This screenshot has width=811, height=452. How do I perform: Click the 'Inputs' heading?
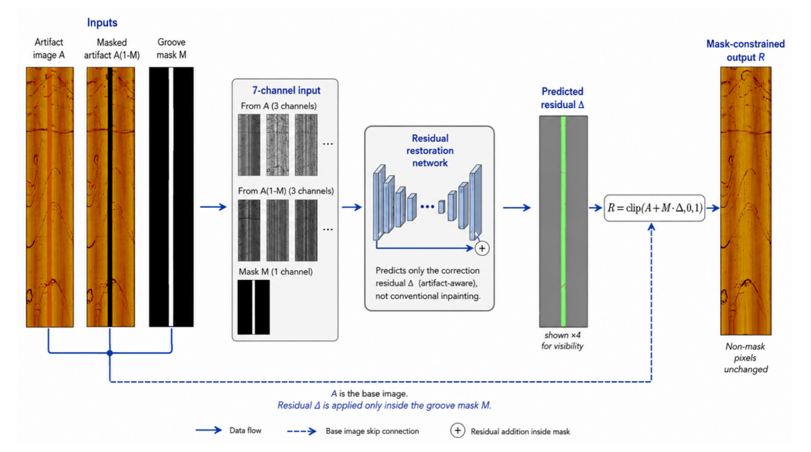(x=102, y=22)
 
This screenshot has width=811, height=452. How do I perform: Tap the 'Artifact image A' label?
(x=49, y=49)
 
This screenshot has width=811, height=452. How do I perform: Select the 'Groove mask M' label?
(x=171, y=49)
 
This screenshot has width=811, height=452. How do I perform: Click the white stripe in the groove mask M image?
(x=171, y=197)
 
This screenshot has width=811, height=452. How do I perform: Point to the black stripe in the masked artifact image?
(x=110, y=197)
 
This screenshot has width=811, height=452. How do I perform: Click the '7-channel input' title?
(x=286, y=91)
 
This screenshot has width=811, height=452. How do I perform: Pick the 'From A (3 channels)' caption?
(x=278, y=106)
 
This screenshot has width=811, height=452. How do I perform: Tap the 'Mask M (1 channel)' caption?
(x=276, y=272)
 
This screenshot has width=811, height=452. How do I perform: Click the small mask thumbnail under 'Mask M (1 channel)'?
(x=253, y=307)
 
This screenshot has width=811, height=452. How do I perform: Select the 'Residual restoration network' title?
(x=430, y=150)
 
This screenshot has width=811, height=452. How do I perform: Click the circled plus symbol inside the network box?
(x=482, y=249)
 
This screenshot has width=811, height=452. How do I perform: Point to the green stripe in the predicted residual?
(x=563, y=221)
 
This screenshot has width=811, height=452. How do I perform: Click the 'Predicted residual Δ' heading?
(x=562, y=98)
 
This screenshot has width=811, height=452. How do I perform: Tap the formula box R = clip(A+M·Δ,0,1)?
(x=654, y=208)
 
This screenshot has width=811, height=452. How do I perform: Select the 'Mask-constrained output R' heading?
(x=746, y=51)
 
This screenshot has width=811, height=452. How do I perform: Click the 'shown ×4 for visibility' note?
(x=562, y=341)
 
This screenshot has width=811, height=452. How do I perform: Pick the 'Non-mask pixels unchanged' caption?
(x=746, y=358)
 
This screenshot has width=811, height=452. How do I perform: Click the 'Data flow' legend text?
(x=245, y=431)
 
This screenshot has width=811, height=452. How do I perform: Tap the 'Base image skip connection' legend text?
(x=372, y=431)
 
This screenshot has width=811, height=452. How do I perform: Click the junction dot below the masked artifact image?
(x=110, y=353)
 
